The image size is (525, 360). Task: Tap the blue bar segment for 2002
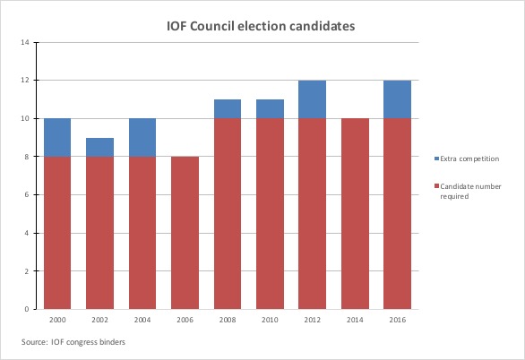(x=99, y=147)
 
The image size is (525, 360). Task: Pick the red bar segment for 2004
(x=142, y=233)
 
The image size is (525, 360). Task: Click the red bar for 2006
(x=185, y=233)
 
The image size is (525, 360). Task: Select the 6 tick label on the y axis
(x=29, y=194)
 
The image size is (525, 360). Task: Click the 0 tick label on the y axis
(x=29, y=309)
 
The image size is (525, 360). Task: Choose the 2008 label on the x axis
(x=228, y=320)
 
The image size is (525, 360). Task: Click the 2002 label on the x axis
(x=99, y=320)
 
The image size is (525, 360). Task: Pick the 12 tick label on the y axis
(x=27, y=80)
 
